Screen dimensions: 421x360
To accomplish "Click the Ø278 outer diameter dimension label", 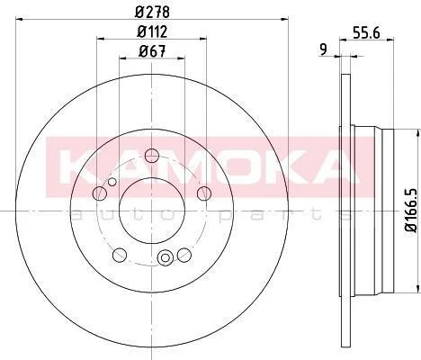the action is coord(153,12).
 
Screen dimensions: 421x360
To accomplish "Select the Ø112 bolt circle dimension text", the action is coord(152,31).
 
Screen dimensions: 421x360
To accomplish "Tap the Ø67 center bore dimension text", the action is coord(152,51).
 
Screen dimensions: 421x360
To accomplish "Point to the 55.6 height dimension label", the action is coord(366,32).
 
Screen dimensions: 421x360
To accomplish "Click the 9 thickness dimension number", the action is coord(323,49).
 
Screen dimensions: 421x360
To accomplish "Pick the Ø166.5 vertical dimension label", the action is coord(411,210).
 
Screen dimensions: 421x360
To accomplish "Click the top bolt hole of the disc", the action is coord(152,155).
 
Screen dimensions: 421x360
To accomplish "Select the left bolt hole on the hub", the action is coord(100,193).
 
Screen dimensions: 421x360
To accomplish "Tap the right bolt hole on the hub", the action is coord(204,193).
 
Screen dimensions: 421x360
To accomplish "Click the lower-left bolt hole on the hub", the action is coord(120,255).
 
